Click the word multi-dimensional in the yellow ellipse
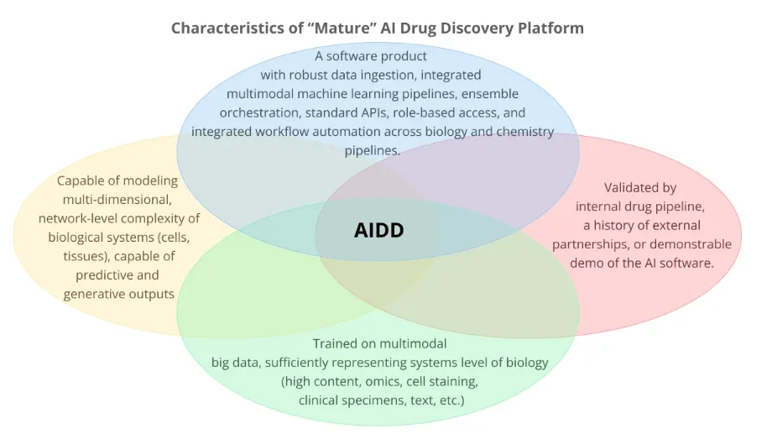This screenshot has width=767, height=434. click(117, 200)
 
